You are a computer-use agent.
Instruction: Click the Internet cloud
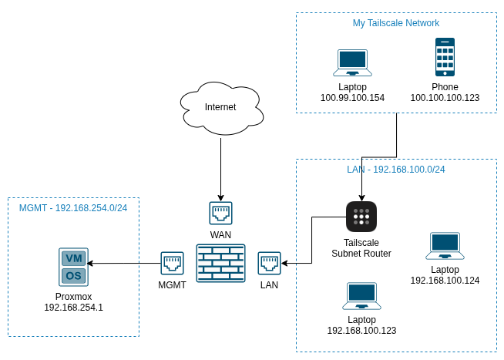point(221,109)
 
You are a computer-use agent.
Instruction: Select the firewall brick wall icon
point(221,263)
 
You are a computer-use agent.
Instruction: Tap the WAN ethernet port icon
point(221,213)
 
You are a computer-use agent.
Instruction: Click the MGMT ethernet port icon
point(173,263)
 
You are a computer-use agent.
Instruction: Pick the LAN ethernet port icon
point(270,263)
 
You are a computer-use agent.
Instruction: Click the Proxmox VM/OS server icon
point(74,267)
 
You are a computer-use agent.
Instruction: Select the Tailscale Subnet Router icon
point(361,217)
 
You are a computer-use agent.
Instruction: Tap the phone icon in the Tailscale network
point(445,57)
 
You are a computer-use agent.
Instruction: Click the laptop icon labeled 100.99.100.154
point(353,62)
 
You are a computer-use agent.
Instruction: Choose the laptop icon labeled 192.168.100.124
point(445,246)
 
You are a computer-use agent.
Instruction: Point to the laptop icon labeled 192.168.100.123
point(361,296)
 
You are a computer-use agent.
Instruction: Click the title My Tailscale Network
point(396,23)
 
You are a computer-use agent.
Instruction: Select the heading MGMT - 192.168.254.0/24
point(73,208)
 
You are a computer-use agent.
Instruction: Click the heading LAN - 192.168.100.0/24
point(396,170)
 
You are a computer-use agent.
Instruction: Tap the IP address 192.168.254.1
point(74,308)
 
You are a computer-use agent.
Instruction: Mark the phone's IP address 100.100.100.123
point(445,98)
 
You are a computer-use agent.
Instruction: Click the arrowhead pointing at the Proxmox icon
point(90,263)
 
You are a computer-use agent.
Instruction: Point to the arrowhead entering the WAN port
point(221,197)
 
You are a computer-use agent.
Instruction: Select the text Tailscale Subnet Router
point(361,248)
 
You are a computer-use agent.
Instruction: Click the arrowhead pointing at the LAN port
point(285,263)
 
